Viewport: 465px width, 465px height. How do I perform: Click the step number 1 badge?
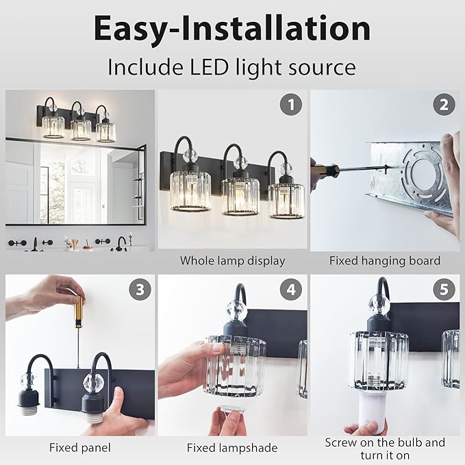tap(291, 105)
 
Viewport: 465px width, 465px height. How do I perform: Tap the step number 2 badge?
tap(444, 105)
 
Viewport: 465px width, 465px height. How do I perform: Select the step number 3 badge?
tap(140, 289)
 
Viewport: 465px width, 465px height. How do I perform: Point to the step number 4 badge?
tap(291, 289)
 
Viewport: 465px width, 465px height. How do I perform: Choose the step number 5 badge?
tap(444, 289)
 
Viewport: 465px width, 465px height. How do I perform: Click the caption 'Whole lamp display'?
tap(232, 261)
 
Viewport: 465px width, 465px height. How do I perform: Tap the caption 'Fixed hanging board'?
tap(384, 261)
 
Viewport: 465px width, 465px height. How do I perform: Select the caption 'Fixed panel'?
tap(79, 448)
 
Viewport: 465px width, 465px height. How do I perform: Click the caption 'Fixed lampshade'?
tap(232, 448)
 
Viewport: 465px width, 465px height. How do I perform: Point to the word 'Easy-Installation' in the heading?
tap(232, 29)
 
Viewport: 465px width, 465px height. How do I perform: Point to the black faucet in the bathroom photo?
tap(121, 242)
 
